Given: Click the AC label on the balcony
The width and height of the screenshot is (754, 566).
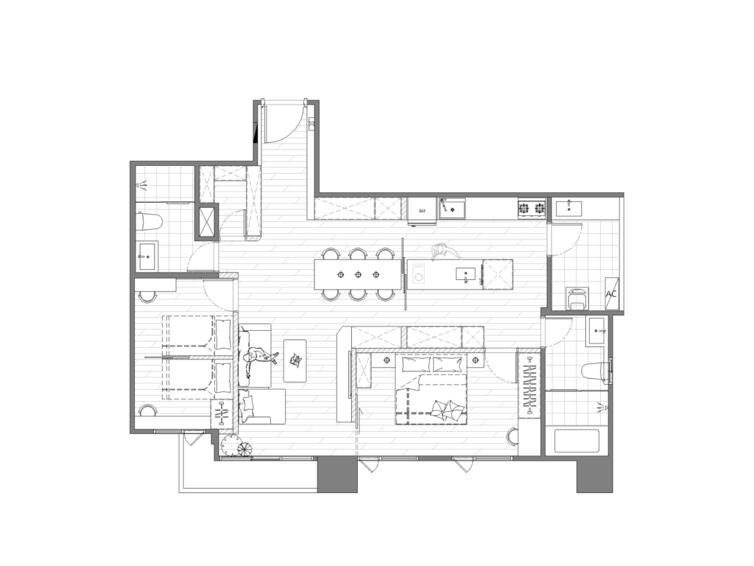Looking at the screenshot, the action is click(611, 293).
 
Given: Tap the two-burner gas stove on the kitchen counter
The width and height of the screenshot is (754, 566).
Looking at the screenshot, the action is click(532, 209).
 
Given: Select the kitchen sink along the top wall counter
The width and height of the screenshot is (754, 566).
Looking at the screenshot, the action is click(451, 209).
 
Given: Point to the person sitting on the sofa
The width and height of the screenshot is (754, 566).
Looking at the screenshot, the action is click(258, 359).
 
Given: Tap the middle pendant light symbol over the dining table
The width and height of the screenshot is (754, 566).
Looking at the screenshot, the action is click(359, 275).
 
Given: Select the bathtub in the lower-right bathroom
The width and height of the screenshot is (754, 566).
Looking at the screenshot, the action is click(577, 441).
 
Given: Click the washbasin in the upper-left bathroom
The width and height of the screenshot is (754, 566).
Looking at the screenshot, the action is click(147, 256).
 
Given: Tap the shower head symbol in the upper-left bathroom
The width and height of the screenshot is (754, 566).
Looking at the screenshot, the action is click(142, 184).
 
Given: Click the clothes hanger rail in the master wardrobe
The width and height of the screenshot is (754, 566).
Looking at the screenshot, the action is click(529, 385).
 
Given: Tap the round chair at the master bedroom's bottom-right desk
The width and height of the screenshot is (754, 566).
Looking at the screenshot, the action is click(513, 436).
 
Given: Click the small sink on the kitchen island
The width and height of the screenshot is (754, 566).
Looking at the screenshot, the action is click(465, 274).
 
